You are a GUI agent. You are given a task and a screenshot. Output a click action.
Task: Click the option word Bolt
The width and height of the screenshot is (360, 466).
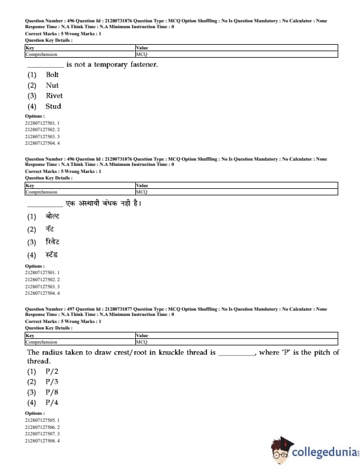52,75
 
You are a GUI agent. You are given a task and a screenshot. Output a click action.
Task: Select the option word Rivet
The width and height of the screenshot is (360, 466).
54,96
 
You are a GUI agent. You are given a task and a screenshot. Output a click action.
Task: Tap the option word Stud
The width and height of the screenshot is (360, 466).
53,106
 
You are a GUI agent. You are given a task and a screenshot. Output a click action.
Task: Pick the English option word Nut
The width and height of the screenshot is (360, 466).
52,85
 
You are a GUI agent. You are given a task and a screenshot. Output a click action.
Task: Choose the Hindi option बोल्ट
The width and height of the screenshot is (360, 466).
53,216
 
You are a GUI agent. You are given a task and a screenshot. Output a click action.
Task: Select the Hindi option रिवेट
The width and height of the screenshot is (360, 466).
53,242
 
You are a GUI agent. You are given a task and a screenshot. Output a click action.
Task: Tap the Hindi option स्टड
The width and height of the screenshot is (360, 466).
52,255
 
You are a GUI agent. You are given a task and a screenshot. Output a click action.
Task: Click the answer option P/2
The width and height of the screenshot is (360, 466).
52,372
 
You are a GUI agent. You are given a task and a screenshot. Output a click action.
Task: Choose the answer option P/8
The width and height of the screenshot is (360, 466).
52,392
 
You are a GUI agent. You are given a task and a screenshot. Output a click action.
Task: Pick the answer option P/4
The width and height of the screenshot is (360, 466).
52,403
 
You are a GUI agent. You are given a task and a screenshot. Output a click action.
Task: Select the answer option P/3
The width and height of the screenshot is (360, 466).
52,382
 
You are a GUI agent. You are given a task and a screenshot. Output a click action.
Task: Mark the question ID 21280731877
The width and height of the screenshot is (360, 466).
118,309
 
